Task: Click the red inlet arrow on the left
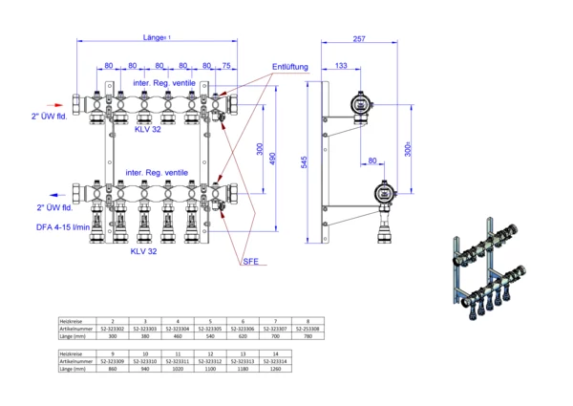point(76,99)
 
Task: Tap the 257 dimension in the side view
point(358,39)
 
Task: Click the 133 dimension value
point(341,66)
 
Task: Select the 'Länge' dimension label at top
point(154,38)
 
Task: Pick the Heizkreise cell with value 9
point(114,353)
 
